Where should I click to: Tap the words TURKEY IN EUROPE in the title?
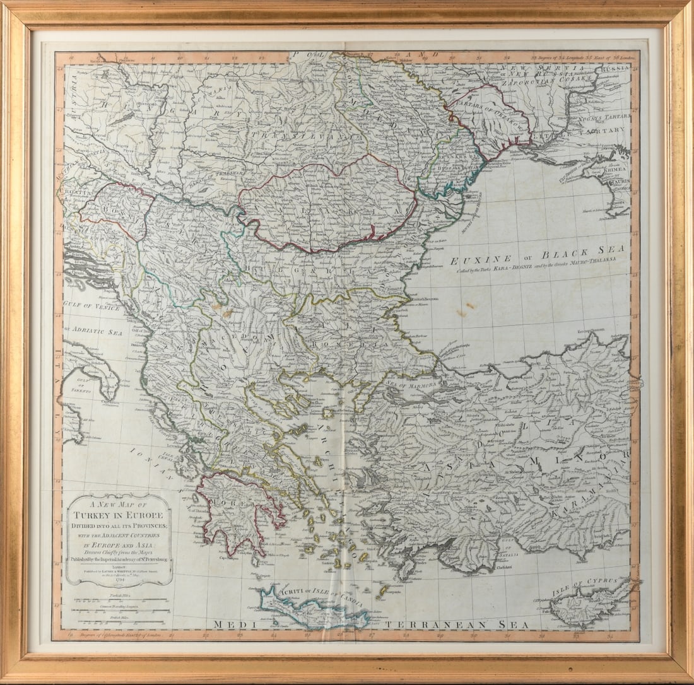[x=119, y=514]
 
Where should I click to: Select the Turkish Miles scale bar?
[x=120, y=600]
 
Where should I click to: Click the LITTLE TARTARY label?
[x=593, y=131]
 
